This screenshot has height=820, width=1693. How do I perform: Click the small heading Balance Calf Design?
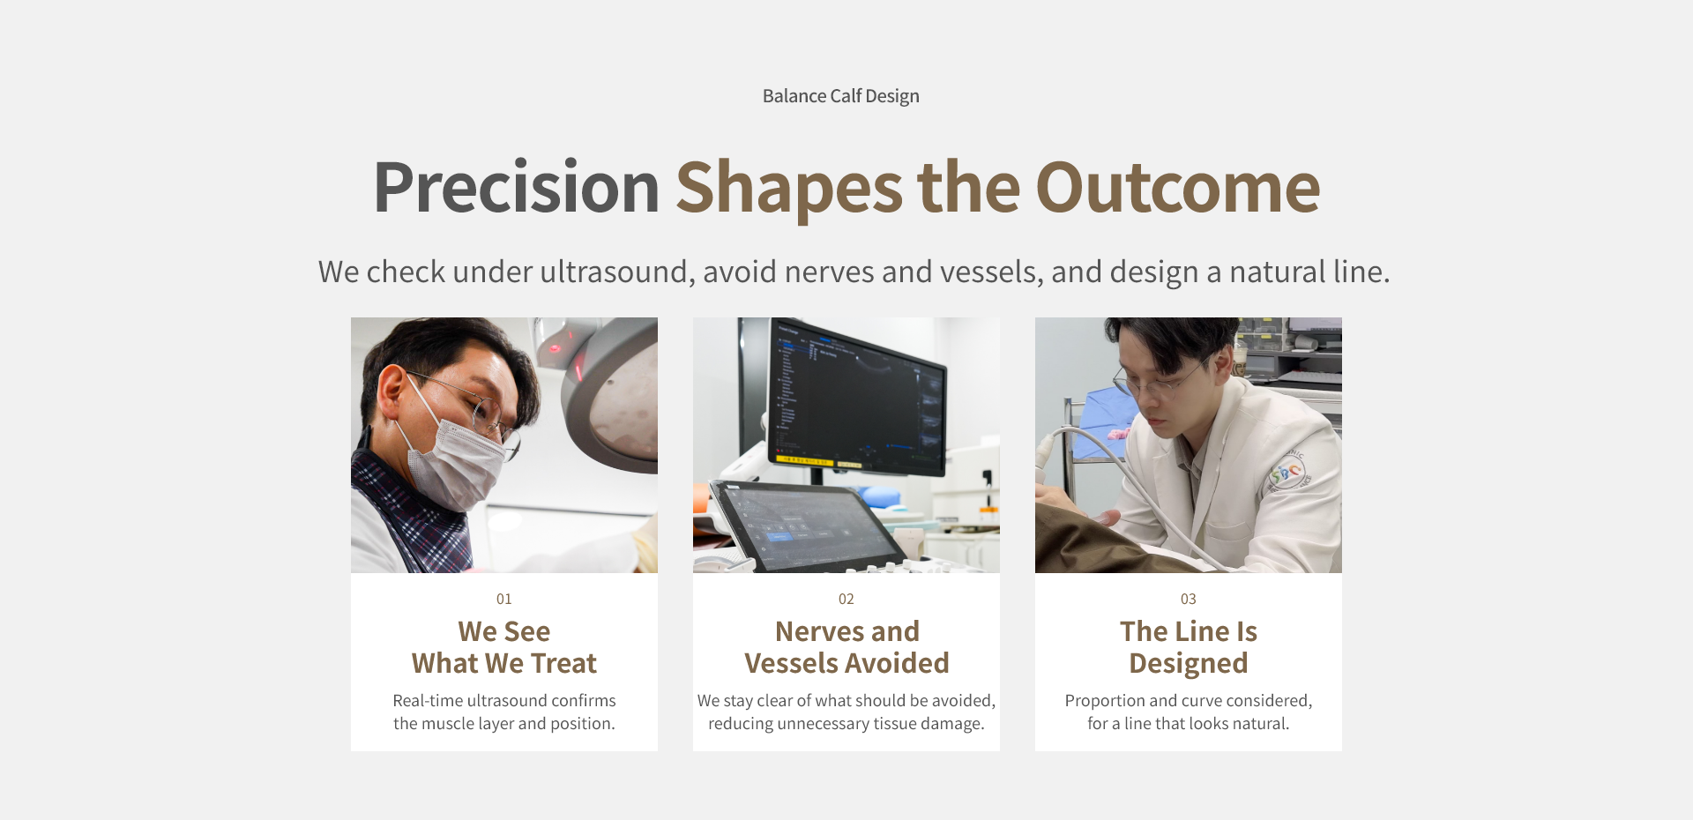pos(840,96)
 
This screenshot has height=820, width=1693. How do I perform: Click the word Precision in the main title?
pos(517,187)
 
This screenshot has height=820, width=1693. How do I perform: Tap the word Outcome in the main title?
pos(1177,187)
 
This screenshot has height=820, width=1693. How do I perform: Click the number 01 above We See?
pos(504,599)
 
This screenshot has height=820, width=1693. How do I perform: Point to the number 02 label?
pos(846,599)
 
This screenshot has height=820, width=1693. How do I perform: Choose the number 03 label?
pos(1189,599)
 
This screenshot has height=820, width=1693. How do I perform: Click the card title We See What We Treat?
pos(504,647)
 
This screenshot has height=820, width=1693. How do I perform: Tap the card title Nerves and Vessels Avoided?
pos(846,647)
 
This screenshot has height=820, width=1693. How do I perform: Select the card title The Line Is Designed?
pos(1189,647)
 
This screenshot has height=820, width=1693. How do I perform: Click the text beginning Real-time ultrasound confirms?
pos(504,712)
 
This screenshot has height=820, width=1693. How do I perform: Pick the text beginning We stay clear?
pos(846,712)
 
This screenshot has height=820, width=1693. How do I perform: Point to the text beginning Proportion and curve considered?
pos(1189,712)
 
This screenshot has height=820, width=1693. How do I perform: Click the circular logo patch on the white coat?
pos(1287,473)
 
